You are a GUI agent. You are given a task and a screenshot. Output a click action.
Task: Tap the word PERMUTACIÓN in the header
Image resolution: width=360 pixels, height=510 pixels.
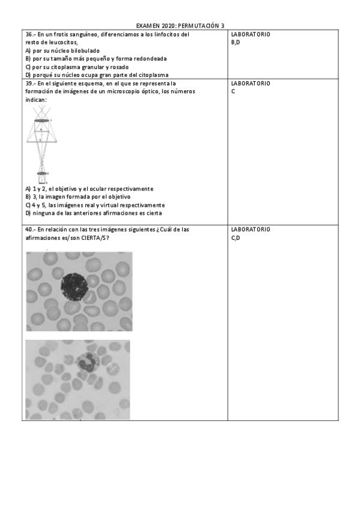pyautogui.click(x=200, y=26)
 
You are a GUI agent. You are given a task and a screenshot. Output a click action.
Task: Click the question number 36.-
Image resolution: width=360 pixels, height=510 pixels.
pyautogui.click(x=31, y=34)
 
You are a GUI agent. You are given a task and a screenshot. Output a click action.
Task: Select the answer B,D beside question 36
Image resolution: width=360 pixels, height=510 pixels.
pyautogui.click(x=236, y=42)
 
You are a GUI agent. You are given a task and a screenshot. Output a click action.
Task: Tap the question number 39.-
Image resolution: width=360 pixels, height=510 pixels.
pyautogui.click(x=31, y=83)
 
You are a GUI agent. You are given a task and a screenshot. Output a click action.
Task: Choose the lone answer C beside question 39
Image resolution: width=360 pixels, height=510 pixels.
pyautogui.click(x=233, y=91)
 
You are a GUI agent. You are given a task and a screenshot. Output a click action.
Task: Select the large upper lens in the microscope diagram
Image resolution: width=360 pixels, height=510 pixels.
pyautogui.click(x=41, y=121)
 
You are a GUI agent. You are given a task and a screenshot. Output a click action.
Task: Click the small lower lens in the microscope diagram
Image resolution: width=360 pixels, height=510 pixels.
pyautogui.click(x=42, y=173)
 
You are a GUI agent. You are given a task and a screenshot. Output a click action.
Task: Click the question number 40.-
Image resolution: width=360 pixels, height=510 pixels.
pyautogui.click(x=31, y=229)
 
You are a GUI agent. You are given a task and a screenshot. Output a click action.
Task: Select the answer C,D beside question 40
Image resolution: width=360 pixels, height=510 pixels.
pyautogui.click(x=236, y=238)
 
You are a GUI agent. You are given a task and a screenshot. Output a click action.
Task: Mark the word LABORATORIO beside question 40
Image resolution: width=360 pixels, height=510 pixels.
pyautogui.click(x=251, y=229)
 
